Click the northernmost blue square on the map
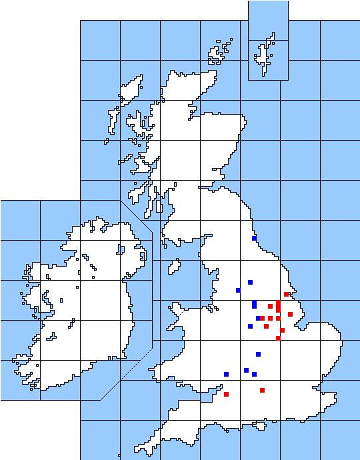[x=254, y=238]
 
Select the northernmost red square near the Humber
[x=286, y=294]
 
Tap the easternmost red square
[x=290, y=314]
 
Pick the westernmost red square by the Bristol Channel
[x=226, y=394]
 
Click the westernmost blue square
[x=226, y=374]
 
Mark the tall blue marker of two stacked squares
[x=254, y=304]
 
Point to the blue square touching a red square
[x=258, y=318]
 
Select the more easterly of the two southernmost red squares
[x=262, y=390]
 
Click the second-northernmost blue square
[x=250, y=282]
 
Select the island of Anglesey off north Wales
[x=177, y=310]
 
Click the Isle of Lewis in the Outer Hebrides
[x=133, y=90]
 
